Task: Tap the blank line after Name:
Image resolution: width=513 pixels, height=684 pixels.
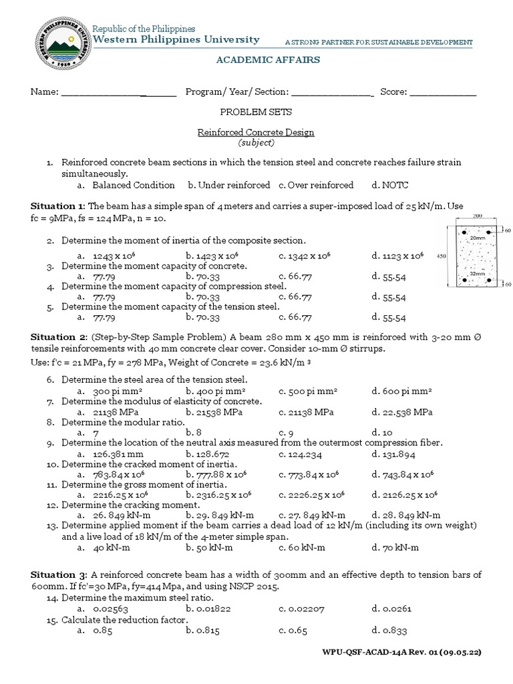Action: tap(118, 92)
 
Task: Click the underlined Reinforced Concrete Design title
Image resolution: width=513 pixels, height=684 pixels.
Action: tap(256, 132)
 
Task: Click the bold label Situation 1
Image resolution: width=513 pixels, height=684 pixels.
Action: tap(57, 207)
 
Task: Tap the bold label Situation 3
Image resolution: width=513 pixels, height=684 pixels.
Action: tap(57, 574)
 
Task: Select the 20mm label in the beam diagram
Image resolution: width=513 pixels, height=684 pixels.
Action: tap(477, 237)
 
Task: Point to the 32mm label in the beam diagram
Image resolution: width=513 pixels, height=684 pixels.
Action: tap(477, 273)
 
